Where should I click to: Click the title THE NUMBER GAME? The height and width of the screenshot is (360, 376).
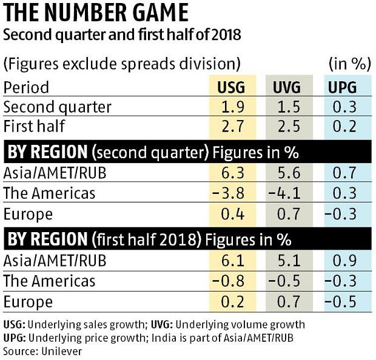pyautogui.click(x=95, y=14)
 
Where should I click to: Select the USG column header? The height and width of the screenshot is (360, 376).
pyautogui.click(x=231, y=87)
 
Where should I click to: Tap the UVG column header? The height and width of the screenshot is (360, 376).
pyautogui.click(x=286, y=87)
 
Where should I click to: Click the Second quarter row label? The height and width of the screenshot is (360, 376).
pyautogui.click(x=58, y=107)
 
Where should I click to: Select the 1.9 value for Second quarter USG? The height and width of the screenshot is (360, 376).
pyautogui.click(x=231, y=107)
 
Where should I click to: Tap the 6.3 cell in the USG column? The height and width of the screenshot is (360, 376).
pyautogui.click(x=231, y=174)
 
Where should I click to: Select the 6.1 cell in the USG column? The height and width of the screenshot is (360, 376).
pyautogui.click(x=231, y=261)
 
